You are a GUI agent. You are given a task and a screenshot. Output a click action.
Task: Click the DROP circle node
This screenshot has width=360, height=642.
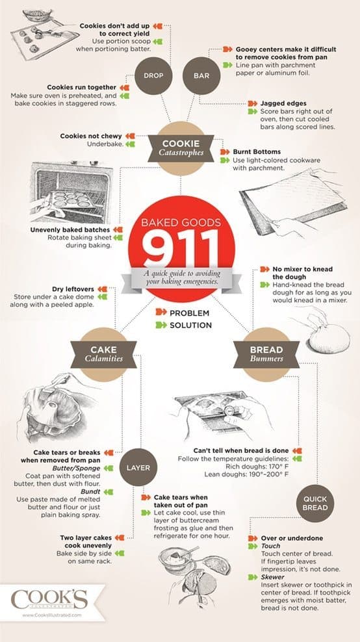(x=153, y=76)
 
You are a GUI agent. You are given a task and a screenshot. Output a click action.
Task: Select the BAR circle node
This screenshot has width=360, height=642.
(x=201, y=76)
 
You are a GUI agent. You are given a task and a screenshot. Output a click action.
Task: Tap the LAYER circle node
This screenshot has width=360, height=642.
(x=138, y=468)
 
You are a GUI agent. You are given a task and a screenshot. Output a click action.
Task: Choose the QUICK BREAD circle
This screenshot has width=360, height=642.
(x=315, y=503)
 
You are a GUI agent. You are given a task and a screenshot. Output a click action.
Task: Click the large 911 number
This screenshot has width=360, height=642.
(x=181, y=246)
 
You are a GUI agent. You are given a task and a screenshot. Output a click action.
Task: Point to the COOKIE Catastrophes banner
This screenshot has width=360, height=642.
(x=181, y=148)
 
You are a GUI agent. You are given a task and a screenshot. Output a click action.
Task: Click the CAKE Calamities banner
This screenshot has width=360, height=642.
(x=103, y=354)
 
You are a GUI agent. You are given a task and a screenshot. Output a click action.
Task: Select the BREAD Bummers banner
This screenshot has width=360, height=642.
(x=266, y=354)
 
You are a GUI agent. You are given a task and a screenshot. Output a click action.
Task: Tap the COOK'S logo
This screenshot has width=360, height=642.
(x=49, y=599)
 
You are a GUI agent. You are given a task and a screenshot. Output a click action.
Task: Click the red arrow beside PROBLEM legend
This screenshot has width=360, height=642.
(x=161, y=313)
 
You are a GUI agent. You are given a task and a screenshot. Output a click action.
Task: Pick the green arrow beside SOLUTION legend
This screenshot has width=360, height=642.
(x=161, y=325)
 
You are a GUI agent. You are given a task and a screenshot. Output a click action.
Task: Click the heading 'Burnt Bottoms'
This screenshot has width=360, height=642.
(x=257, y=151)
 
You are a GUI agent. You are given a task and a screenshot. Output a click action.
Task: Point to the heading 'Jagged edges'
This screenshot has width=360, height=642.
(x=283, y=103)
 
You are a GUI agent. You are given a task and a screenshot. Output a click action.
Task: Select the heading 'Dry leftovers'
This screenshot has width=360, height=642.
(x=73, y=289)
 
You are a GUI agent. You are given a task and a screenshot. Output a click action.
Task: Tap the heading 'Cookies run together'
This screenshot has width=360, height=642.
(x=82, y=87)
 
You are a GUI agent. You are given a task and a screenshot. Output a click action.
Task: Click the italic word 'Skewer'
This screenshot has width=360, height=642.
(x=270, y=577)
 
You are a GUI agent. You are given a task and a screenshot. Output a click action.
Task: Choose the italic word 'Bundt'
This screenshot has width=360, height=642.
(x=91, y=491)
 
